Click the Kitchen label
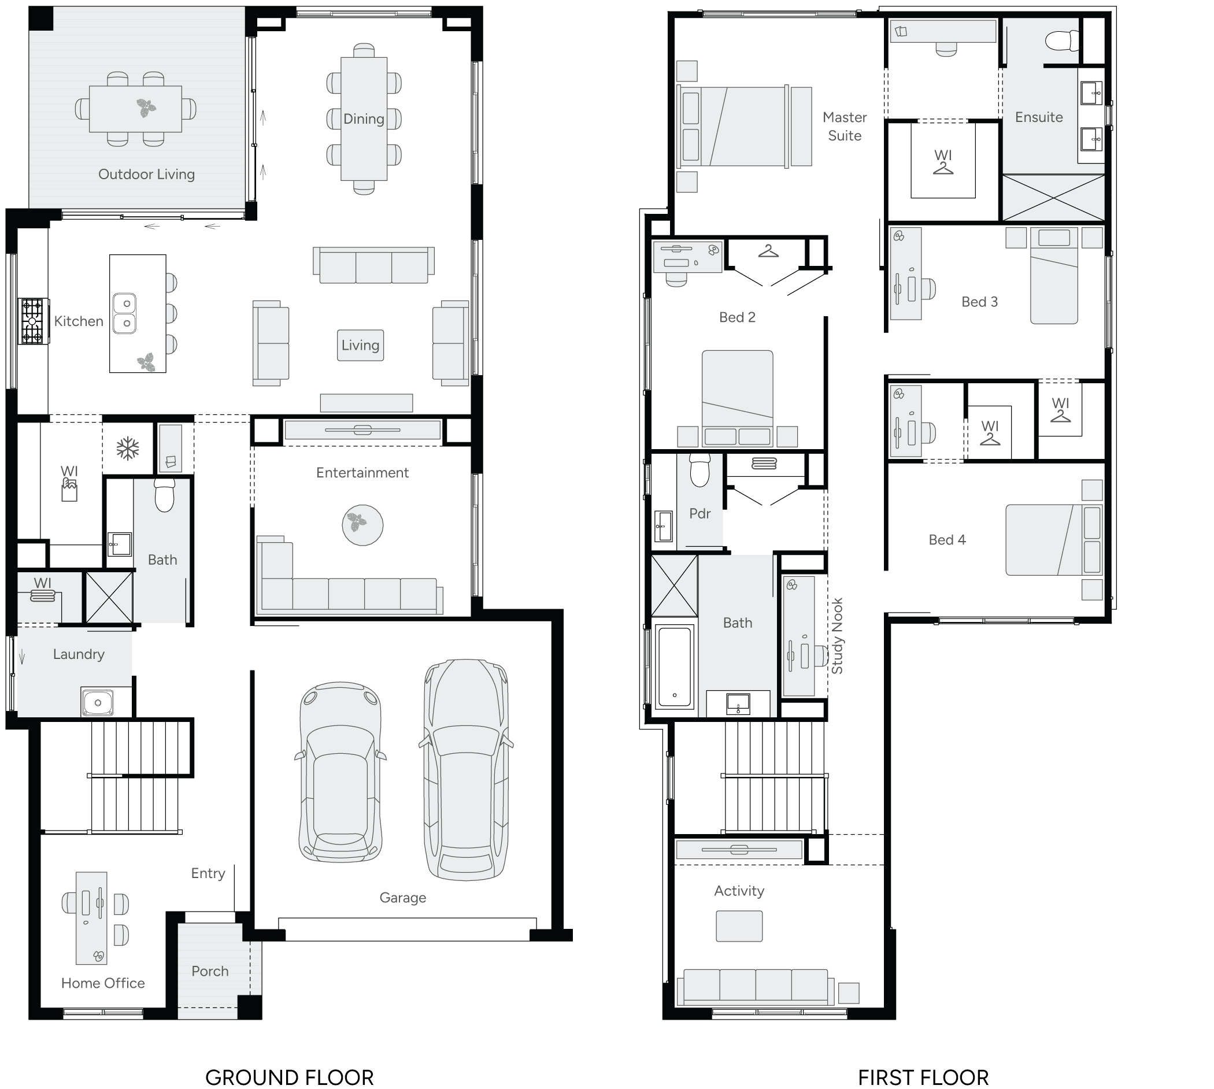[79, 321]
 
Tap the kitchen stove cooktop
[33, 321]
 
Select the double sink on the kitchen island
[124, 313]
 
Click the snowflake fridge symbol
[127, 448]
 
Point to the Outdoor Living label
[146, 174]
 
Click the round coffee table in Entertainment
[362, 525]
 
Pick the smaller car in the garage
[340, 771]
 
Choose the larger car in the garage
[466, 769]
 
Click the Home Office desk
[91, 918]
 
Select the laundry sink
[98, 702]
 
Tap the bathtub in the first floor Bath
[674, 666]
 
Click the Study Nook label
[837, 635]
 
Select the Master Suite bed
[735, 126]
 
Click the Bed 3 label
[979, 302]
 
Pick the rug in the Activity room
[739, 925]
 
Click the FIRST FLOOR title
[923, 1077]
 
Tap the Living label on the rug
[360, 345]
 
